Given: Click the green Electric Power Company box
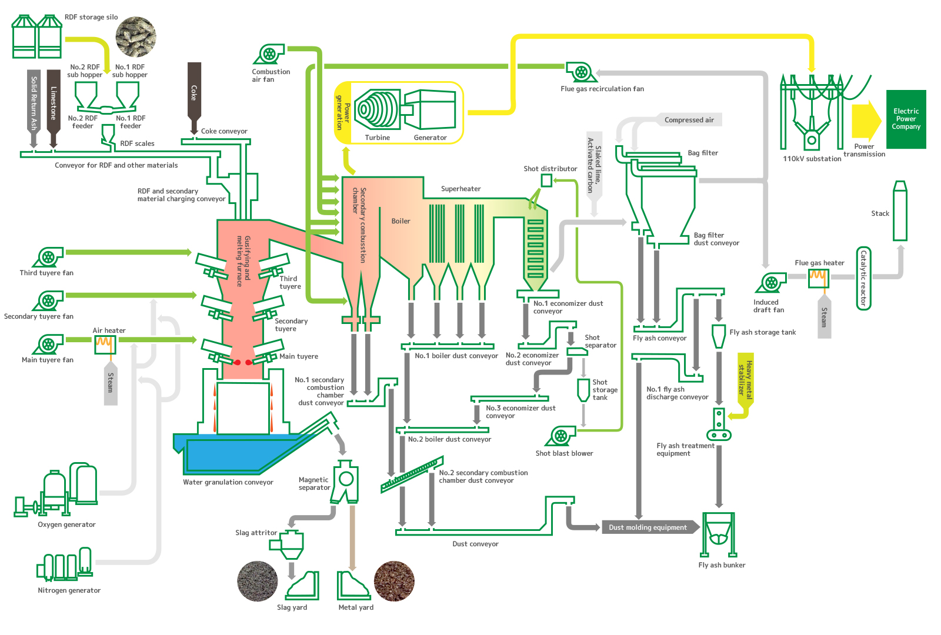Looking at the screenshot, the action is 906,119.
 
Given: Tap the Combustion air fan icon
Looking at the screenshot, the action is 269,55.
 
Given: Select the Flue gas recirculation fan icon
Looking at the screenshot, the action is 582,72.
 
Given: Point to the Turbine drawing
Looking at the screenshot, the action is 377,109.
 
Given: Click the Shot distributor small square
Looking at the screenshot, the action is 546,181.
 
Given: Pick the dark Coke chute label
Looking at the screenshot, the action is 194,93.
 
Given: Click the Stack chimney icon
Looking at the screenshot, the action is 900,211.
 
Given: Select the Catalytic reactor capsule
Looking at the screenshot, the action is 863,278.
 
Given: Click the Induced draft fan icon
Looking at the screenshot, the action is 771,282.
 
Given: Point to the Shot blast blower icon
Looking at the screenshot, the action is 561,436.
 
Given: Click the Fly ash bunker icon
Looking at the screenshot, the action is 719,534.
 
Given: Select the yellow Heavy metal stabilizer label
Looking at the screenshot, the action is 746,378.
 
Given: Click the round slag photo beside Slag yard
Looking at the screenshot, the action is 258,581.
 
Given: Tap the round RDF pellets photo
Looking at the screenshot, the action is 136,37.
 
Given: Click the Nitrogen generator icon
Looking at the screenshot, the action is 65,564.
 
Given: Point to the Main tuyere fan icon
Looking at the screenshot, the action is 48,345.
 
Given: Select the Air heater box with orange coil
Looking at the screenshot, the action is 105,345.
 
